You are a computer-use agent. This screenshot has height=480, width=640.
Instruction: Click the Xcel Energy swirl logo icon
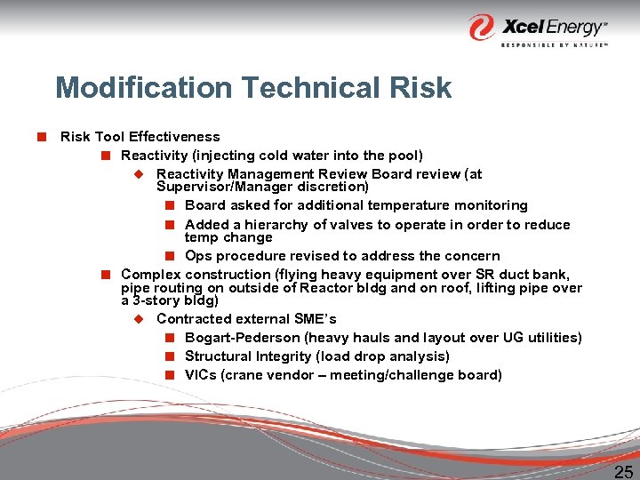[483, 27]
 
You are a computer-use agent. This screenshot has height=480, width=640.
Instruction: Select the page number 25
[624, 471]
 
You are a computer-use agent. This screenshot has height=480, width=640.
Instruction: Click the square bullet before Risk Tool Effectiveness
[41, 137]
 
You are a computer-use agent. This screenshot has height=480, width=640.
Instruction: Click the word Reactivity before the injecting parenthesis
[152, 156]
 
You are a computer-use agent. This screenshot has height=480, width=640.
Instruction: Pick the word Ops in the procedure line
[198, 256]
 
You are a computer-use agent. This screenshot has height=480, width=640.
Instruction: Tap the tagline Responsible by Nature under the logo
[554, 44]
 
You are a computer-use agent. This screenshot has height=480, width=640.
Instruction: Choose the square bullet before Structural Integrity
[169, 356]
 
